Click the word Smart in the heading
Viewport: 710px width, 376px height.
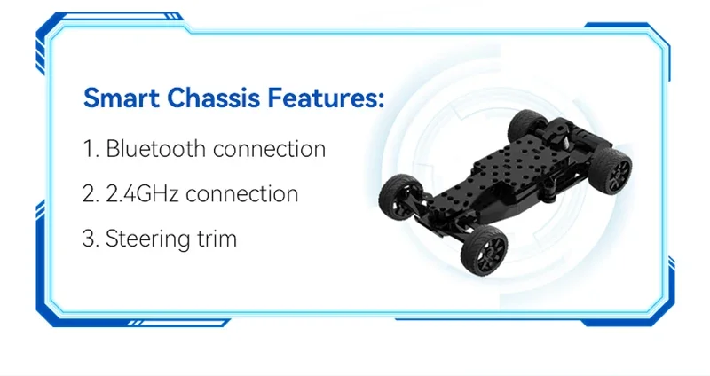click(x=122, y=98)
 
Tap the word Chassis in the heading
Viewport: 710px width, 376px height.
click(x=214, y=98)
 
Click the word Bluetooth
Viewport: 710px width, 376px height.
click(x=155, y=148)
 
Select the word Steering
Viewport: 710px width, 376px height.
click(x=147, y=239)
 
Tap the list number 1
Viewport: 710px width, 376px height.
click(x=91, y=148)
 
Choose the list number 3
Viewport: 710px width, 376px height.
click(x=91, y=239)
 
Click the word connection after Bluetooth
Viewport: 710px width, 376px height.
click(x=269, y=149)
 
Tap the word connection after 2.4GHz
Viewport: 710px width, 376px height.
click(x=241, y=194)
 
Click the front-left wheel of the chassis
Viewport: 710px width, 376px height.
click(x=400, y=197)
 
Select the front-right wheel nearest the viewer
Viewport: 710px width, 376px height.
click(x=484, y=250)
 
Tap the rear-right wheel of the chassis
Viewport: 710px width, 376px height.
click(x=611, y=169)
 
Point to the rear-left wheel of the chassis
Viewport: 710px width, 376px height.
click(x=527, y=125)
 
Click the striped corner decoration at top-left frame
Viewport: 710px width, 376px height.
click(x=41, y=57)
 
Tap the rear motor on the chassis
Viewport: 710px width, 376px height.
click(x=566, y=131)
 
